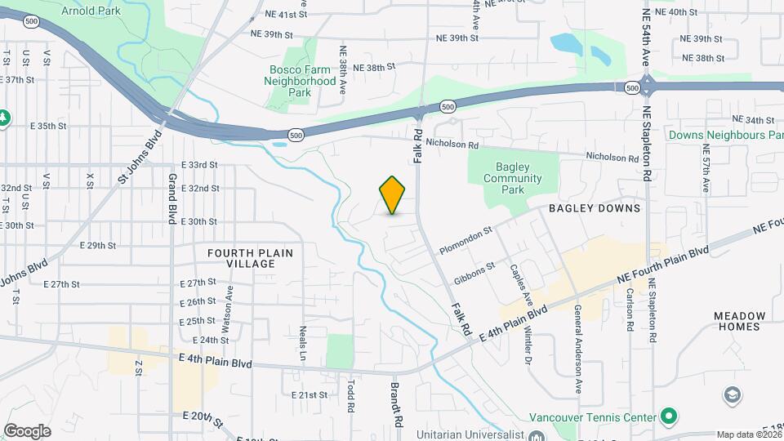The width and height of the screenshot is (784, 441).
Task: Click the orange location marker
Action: [x=392, y=195]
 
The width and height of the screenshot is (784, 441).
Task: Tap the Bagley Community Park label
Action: [x=512, y=178]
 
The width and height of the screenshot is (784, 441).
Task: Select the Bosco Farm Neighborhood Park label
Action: [x=302, y=81]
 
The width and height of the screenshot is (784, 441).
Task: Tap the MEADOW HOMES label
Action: [x=740, y=321]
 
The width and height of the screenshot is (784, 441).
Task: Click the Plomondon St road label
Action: [x=465, y=240]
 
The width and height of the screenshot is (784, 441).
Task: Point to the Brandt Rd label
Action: [x=395, y=405]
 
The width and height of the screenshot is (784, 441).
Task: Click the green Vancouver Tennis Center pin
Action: [x=669, y=416]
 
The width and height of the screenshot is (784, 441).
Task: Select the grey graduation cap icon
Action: [x=733, y=397]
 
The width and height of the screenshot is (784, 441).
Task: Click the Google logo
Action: [x=28, y=430]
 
